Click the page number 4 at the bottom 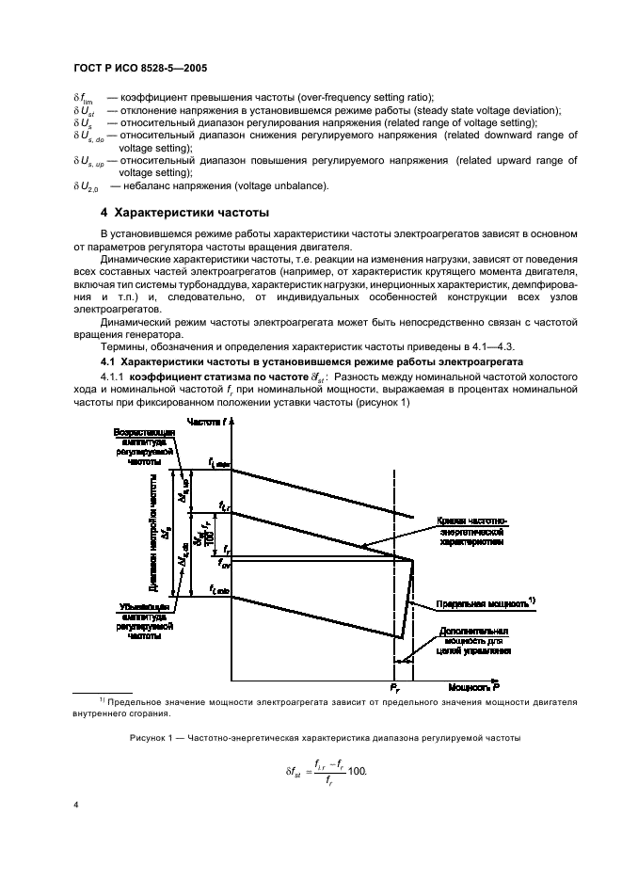point(76,807)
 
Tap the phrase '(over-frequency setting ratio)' point(353,98)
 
